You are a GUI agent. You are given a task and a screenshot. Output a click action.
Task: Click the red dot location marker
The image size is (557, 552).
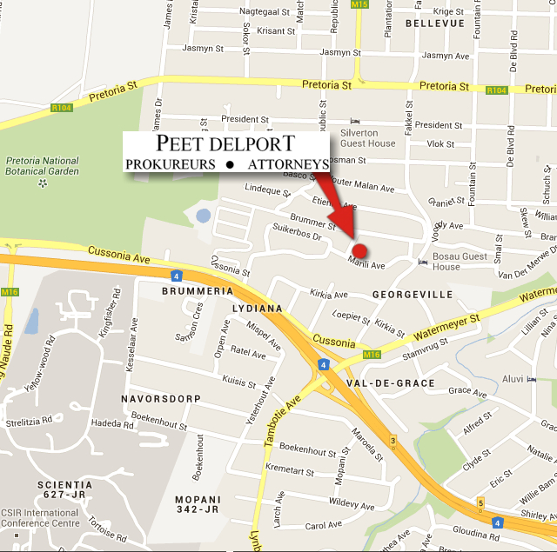359,250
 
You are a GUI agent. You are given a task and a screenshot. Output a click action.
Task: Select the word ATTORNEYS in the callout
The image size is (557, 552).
288,164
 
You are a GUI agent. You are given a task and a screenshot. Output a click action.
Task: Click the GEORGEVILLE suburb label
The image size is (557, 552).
413,295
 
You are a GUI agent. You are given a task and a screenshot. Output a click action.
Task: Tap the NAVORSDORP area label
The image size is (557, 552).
164,398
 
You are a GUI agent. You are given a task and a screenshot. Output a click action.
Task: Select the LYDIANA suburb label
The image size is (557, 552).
258,309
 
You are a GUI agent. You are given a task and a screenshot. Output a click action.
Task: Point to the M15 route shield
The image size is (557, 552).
359,5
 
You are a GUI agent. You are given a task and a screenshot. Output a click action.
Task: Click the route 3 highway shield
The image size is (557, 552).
393,441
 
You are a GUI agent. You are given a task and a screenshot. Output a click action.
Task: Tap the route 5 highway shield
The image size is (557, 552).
480,502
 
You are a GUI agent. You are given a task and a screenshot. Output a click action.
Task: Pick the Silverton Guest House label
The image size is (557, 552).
367,137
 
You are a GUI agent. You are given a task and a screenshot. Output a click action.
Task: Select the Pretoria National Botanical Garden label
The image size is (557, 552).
43,166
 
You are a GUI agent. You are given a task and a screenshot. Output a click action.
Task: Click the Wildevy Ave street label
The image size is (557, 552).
352,503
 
